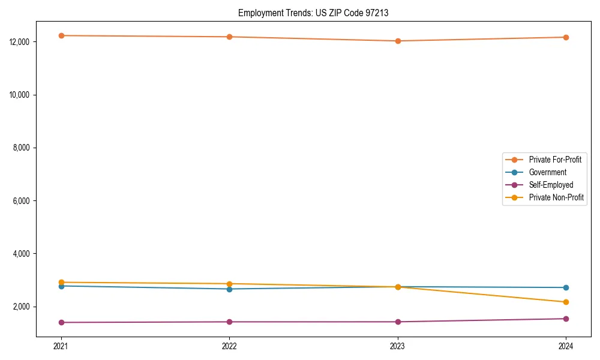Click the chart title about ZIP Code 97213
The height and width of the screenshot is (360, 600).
click(313, 13)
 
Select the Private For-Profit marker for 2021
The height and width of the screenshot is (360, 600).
click(61, 35)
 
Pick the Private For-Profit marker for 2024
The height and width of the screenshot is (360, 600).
click(566, 37)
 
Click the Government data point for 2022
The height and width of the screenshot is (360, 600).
click(229, 289)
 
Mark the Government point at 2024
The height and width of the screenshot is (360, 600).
click(566, 287)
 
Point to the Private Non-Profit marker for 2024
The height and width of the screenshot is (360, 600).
click(566, 302)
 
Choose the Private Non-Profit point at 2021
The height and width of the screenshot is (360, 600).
click(61, 282)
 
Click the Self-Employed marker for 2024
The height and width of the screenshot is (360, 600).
click(566, 319)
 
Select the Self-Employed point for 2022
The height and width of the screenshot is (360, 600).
click(229, 322)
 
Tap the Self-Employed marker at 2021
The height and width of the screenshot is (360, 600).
click(61, 322)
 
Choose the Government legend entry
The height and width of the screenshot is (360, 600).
click(547, 172)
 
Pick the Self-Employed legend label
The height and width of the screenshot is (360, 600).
click(551, 185)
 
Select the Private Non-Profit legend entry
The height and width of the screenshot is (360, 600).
click(556, 197)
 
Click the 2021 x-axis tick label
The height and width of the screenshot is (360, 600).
click(61, 346)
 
